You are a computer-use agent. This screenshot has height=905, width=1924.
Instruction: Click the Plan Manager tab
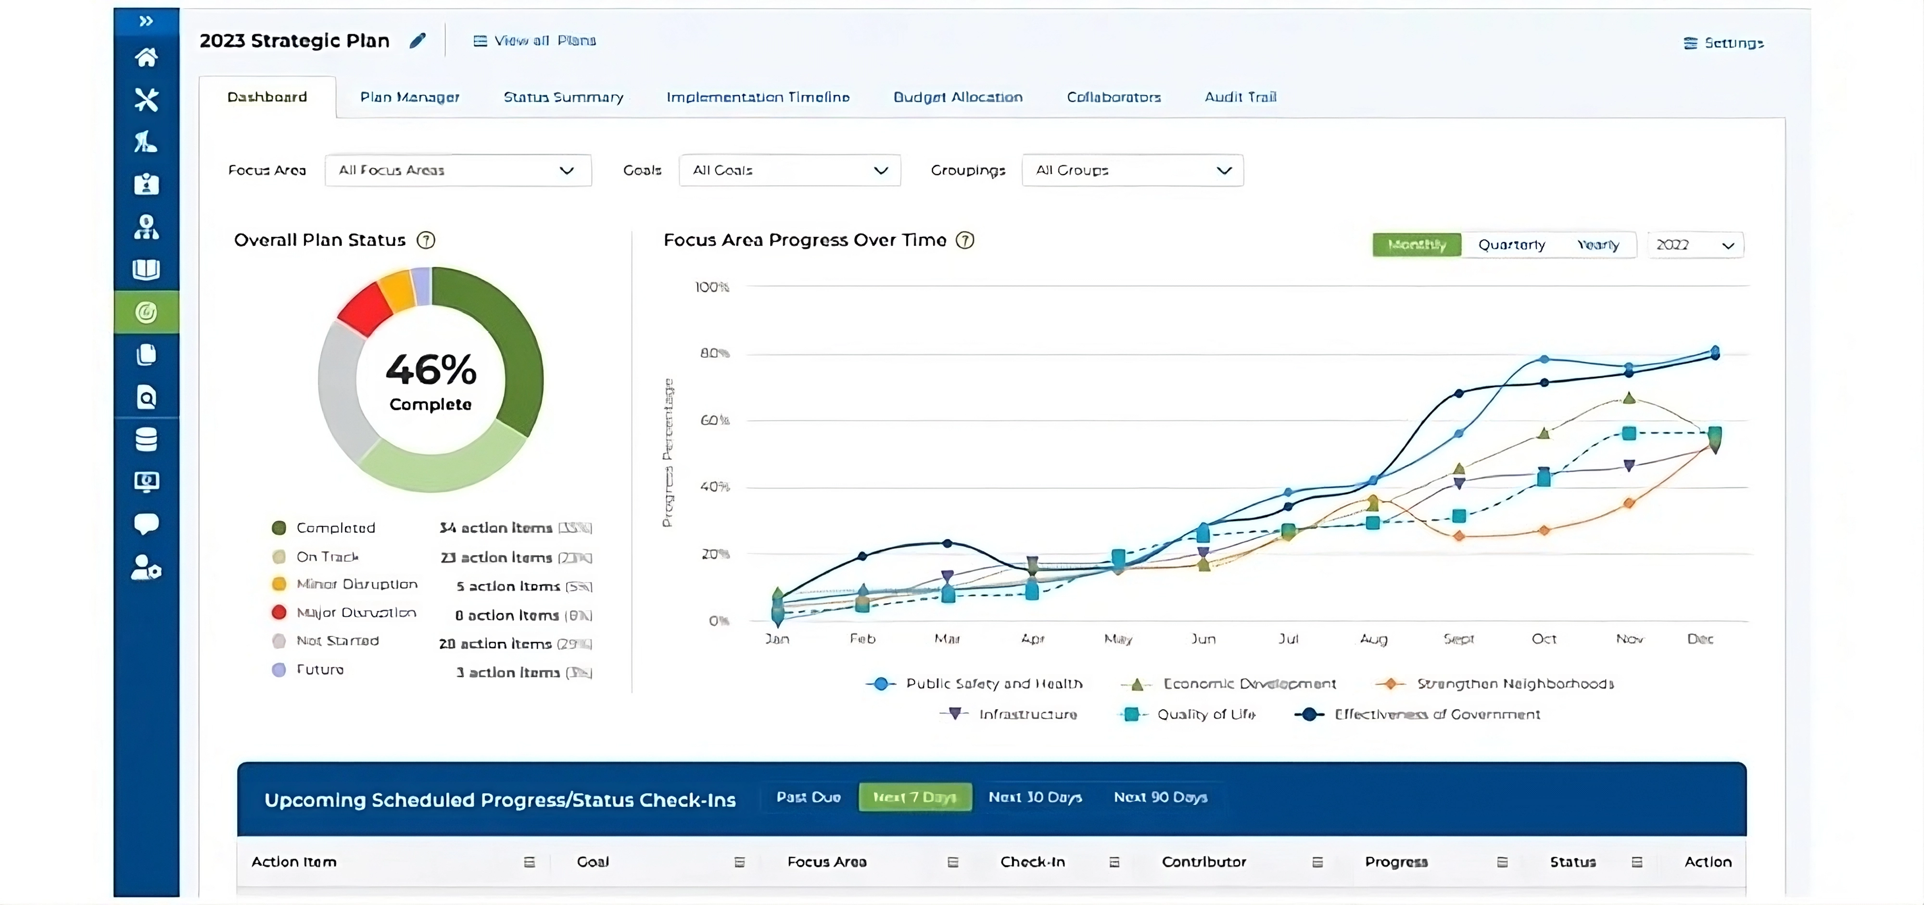click(409, 97)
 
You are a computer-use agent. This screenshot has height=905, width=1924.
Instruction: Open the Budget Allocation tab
click(958, 97)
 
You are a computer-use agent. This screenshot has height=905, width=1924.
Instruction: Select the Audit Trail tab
click(1240, 97)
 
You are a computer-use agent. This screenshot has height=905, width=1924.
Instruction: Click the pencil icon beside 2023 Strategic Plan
click(418, 40)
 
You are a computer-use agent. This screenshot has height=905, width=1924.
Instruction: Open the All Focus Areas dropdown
click(458, 170)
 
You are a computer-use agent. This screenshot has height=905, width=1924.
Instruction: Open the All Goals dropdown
click(789, 170)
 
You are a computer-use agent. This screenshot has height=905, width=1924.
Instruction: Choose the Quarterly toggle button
click(1511, 245)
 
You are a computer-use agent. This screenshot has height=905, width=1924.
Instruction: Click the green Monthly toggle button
click(1416, 245)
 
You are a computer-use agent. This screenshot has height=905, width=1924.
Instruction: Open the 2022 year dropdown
click(1695, 245)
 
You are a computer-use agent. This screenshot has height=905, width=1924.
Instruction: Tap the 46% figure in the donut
click(431, 370)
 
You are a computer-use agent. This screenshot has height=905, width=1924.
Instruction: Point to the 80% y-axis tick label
click(714, 353)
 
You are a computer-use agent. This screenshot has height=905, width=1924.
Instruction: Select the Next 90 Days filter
click(1160, 797)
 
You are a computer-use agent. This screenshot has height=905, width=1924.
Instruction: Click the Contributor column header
click(1203, 862)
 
